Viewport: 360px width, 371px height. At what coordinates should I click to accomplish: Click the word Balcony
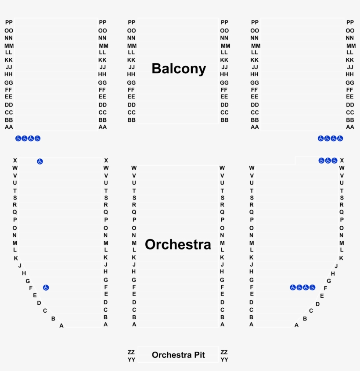pos(179,69)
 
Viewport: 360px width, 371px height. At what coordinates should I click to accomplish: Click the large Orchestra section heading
pos(178,244)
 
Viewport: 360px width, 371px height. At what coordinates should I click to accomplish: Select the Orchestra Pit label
pos(178,355)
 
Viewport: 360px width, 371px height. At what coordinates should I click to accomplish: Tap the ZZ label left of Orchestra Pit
pos(131,352)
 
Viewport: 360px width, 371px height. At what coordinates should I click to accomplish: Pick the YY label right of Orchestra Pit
pos(224,360)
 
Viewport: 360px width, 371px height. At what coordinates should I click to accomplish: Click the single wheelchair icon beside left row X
pos(40,161)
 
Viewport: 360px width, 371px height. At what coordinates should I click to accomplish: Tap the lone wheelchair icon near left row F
pos(46,288)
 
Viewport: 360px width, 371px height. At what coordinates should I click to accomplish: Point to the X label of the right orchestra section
pos(342,161)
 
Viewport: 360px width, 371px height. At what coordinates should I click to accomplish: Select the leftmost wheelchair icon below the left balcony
pos(18,139)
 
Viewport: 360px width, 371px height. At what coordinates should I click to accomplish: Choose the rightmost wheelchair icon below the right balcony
pos(340,139)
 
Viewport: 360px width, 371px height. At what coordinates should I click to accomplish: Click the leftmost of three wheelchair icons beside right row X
pos(321,161)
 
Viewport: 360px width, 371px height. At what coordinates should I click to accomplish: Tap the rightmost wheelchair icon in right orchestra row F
pos(313,288)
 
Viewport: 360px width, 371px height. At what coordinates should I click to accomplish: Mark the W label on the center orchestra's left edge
pos(134,168)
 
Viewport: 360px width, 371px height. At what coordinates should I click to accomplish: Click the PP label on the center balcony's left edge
pos(132,22)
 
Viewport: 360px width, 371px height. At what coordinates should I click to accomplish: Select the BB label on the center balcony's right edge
pos(224,120)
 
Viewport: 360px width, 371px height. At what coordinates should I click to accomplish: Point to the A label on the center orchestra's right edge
pos(222,325)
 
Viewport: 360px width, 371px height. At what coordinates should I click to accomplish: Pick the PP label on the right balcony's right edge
pos(350,22)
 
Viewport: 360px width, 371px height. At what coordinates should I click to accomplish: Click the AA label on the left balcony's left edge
pos(9,127)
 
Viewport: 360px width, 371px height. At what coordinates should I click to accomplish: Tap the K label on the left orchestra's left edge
pos(16,258)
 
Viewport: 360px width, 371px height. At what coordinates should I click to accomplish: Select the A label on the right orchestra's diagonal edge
pos(296,325)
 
